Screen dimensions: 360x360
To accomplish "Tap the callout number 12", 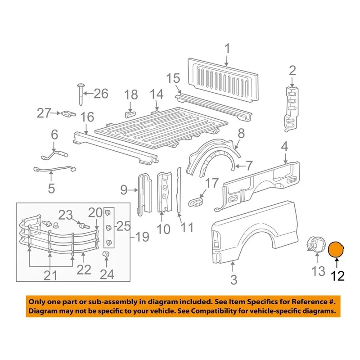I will coord(336,274).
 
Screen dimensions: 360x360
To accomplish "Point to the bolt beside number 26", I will coord(80,94).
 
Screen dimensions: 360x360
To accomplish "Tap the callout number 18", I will coord(131,95).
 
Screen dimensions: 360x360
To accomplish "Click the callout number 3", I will coord(234,280).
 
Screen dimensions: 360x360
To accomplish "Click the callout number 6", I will coord(54,134).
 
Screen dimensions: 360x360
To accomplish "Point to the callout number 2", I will coord(292,70).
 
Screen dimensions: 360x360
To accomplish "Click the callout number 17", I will coord(211,183).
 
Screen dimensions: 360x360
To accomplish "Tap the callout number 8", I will coord(241,133).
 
